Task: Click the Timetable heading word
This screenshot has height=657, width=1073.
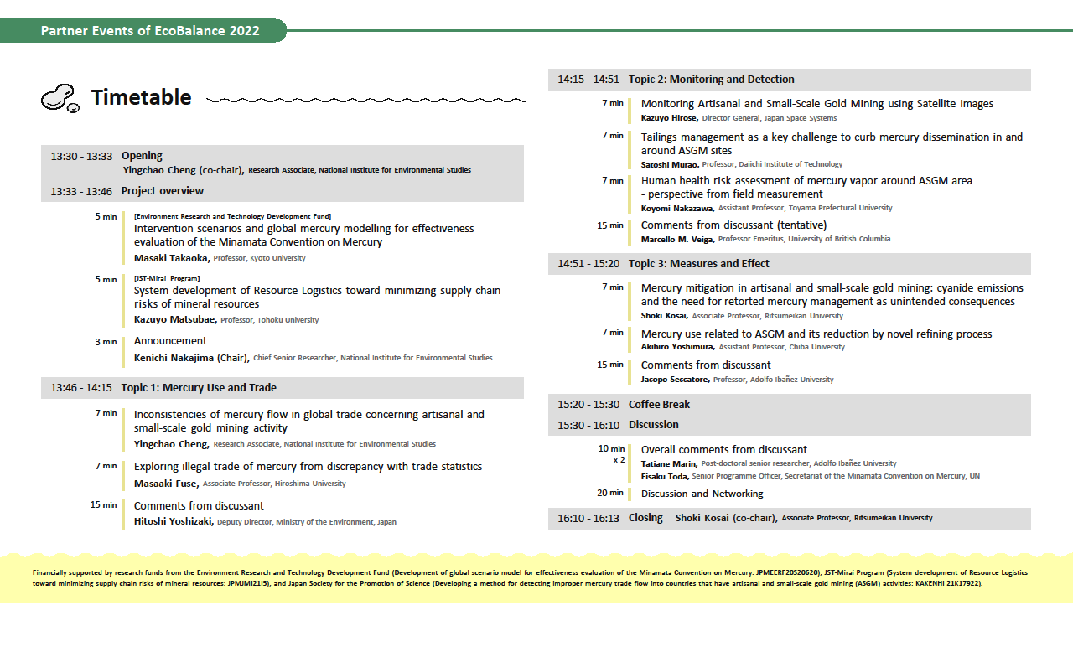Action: tap(141, 98)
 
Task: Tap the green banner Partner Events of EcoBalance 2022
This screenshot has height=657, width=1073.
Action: tap(150, 31)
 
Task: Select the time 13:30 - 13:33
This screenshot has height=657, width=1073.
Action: tap(81, 156)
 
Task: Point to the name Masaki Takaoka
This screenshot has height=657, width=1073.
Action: tap(171, 258)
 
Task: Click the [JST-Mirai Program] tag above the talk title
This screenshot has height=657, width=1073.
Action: tap(167, 277)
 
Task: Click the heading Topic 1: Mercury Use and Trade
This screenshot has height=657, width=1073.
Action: tap(199, 388)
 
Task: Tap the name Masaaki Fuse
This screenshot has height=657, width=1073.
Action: tap(166, 484)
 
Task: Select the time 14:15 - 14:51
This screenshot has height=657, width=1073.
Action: tap(588, 80)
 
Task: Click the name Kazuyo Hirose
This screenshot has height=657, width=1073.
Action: tap(669, 118)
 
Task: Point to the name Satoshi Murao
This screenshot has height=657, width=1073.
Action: tap(669, 164)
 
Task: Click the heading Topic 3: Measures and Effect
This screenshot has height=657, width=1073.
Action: tap(698, 264)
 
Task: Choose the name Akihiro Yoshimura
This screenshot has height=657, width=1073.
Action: tap(677, 347)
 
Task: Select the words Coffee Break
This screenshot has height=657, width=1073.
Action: tap(659, 404)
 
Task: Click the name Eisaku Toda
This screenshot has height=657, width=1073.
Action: tap(664, 476)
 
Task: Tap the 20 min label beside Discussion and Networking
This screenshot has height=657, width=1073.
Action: tap(610, 493)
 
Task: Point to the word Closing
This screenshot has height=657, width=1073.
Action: tap(645, 518)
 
